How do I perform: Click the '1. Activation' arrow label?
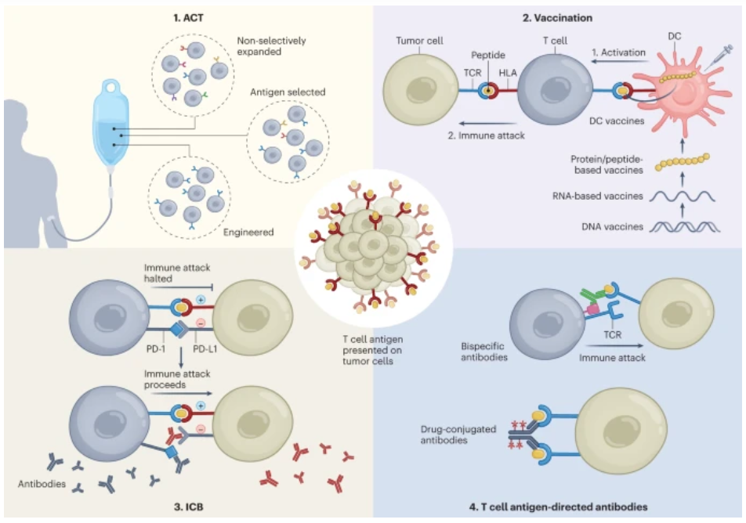619,52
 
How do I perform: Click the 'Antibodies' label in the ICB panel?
40,483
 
